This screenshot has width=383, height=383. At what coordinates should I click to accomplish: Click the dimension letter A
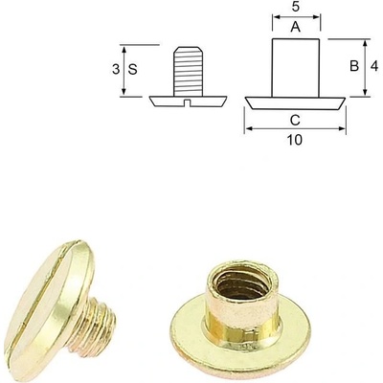tap(296, 27)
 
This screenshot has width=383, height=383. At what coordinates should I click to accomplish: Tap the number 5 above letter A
tap(296, 7)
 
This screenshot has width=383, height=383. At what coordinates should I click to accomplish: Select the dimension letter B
tap(354, 66)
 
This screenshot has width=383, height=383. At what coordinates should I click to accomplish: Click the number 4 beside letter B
tap(374, 66)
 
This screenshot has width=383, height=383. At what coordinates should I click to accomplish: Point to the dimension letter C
tap(295, 120)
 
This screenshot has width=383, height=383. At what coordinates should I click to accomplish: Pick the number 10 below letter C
tap(295, 140)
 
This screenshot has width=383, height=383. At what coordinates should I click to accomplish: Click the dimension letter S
tap(133, 69)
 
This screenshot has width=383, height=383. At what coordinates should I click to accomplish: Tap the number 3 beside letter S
tap(116, 69)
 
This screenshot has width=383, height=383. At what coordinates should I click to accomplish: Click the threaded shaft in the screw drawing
tap(189, 71)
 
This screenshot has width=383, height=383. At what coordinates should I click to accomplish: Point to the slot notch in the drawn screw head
tap(189, 102)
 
